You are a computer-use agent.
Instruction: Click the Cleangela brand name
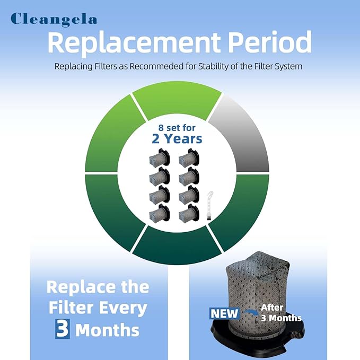[54, 20]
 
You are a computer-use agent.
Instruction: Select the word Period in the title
[270, 42]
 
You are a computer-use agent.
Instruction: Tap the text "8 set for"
[177, 128]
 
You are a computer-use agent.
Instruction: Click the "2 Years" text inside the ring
[177, 139]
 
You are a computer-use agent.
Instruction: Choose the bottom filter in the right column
[189, 213]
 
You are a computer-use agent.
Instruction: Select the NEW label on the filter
[225, 314]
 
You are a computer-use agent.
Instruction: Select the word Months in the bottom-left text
[108, 330]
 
